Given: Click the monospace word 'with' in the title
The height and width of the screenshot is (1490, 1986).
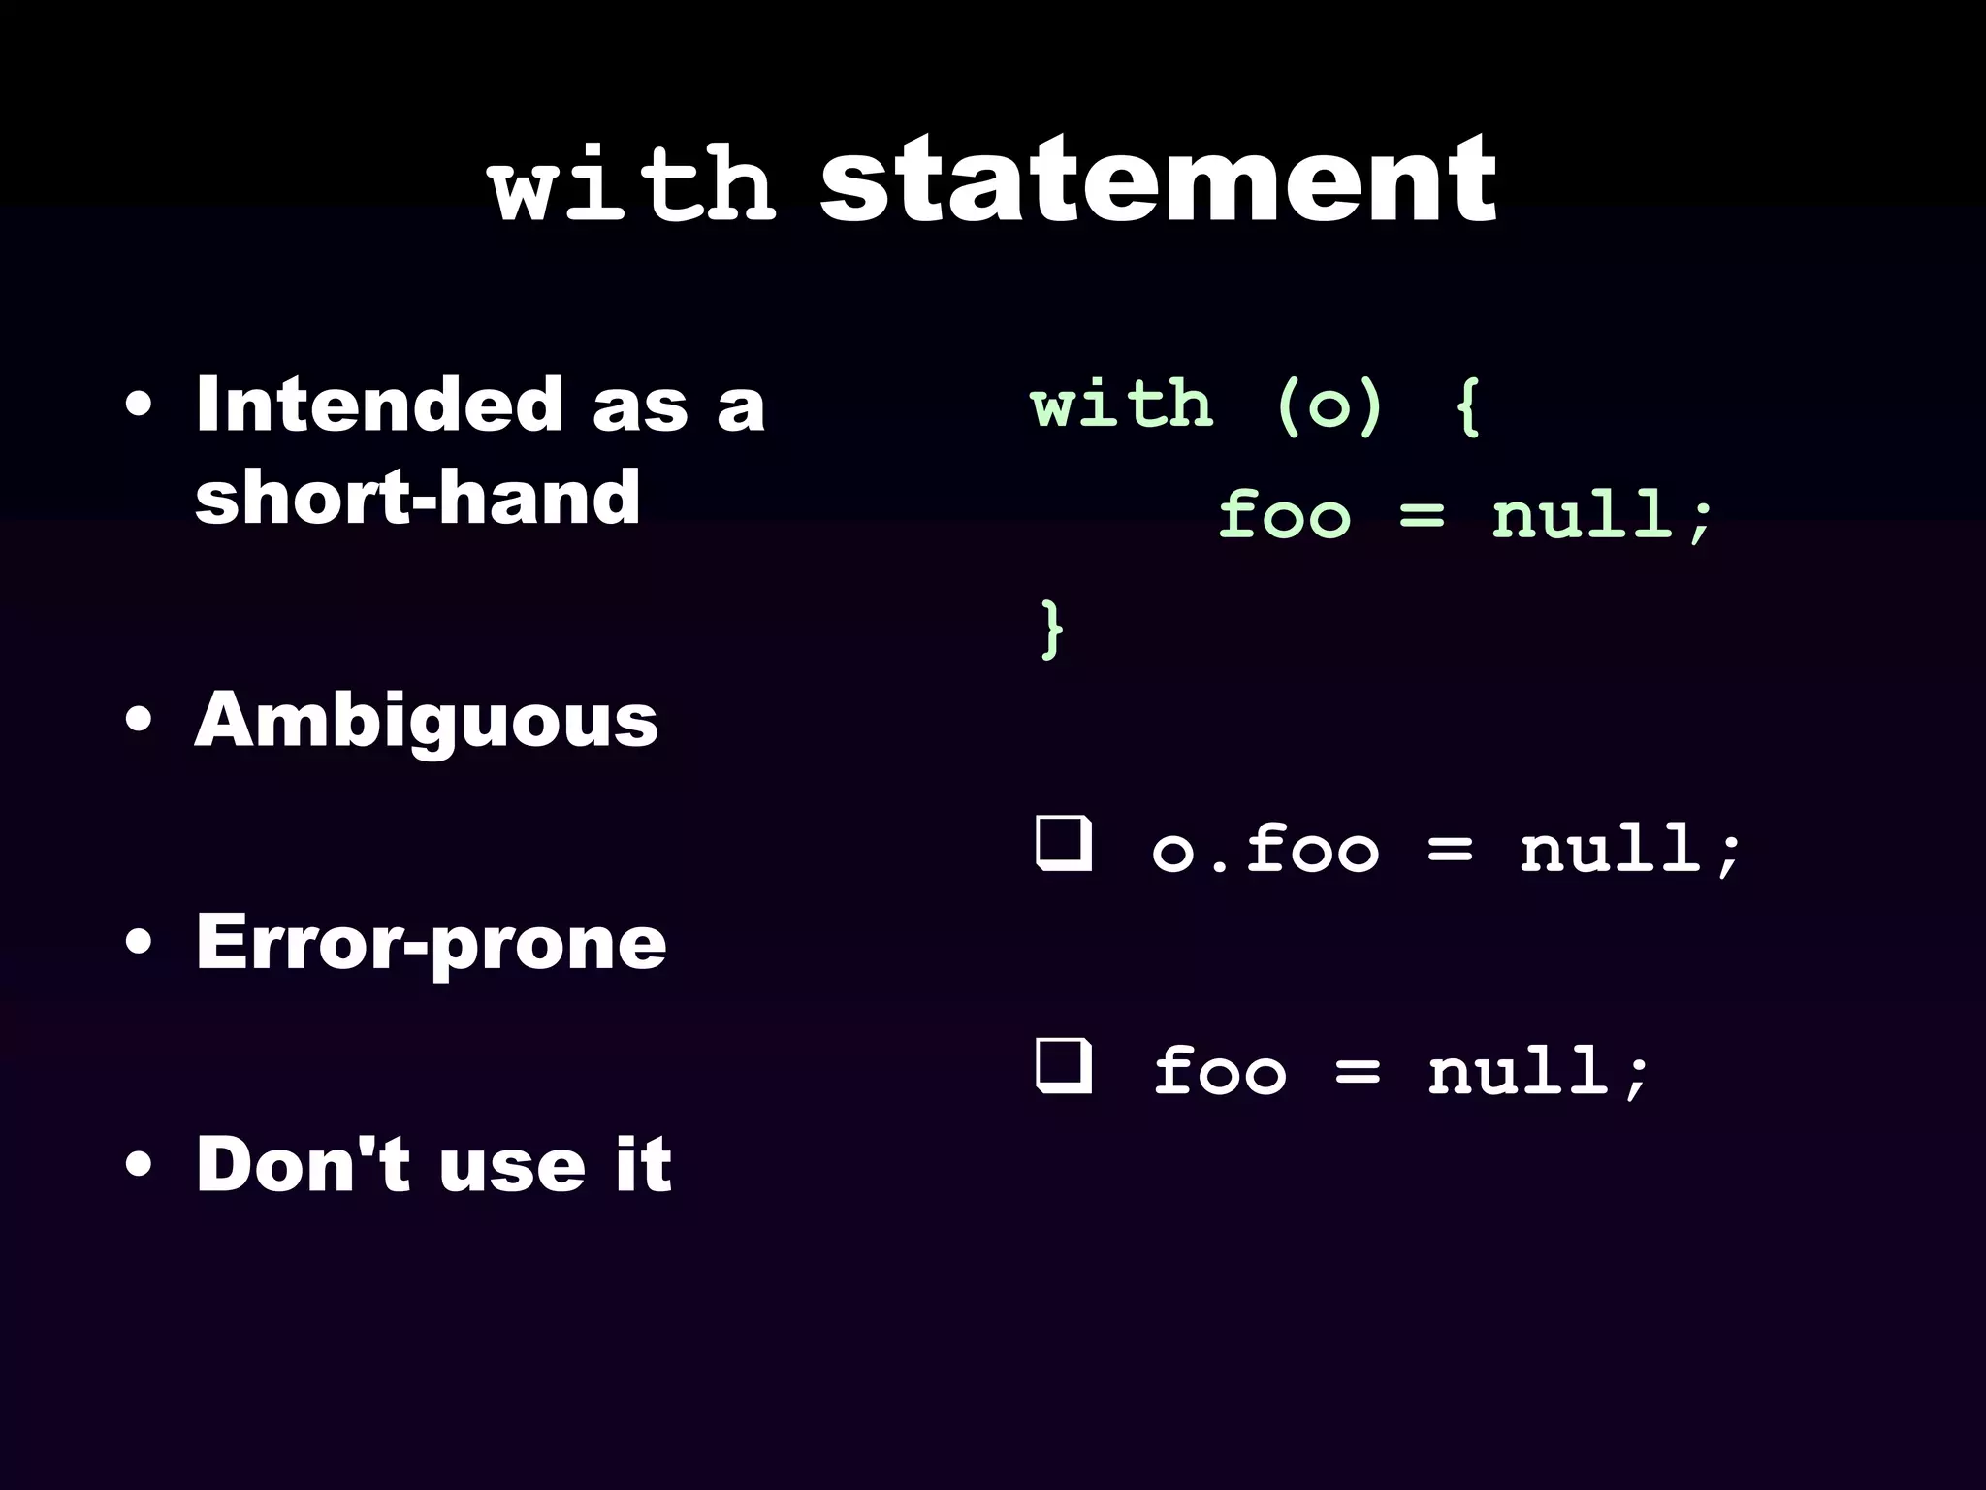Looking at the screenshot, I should (633, 184).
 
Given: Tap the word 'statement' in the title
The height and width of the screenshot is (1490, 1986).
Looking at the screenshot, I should (1158, 180).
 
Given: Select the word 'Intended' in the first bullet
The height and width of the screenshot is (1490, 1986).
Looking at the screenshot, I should (379, 405).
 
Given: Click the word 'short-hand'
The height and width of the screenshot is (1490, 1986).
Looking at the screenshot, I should (417, 497).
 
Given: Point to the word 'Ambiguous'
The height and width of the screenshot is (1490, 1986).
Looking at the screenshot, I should (427, 722).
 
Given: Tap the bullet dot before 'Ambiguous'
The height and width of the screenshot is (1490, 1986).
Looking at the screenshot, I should (139, 722).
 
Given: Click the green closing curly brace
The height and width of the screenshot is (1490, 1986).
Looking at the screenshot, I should (1050, 630).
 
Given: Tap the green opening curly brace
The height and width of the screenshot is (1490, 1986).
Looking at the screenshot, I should (1468, 405).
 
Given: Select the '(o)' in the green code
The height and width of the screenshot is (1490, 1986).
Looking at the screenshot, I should (1329, 405).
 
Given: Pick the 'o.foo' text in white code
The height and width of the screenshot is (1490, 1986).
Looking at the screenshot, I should (1265, 850).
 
